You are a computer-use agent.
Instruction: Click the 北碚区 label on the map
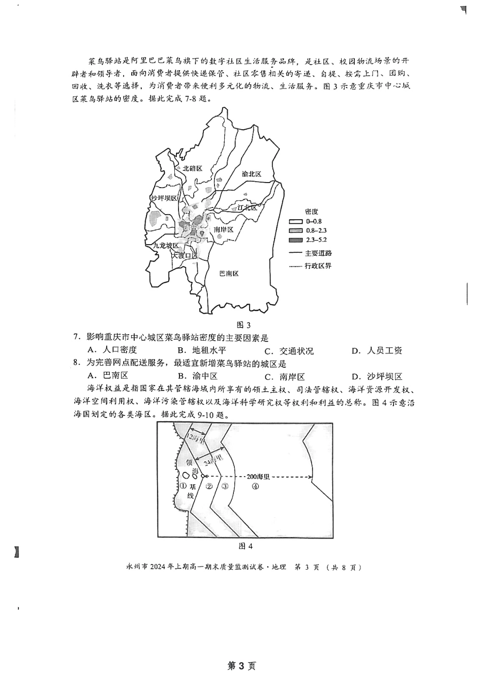[193, 168]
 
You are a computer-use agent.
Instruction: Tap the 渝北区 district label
[251, 174]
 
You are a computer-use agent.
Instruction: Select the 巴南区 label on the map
[228, 274]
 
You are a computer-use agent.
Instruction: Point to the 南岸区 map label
[224, 230]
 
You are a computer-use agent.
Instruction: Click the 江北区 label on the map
[248, 207]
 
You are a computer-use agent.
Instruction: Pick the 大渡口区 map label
[184, 255]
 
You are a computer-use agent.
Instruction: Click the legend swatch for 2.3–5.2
[295, 240]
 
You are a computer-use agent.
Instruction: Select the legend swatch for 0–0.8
[295, 222]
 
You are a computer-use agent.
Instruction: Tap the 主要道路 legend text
[319, 253]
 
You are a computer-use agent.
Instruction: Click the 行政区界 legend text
[319, 266]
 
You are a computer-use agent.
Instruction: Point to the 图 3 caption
[245, 325]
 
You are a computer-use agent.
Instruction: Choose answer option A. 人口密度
[113, 350]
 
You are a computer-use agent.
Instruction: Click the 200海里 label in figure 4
[257, 477]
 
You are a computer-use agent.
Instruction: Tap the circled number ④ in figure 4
[255, 486]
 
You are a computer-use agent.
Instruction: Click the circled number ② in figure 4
[209, 486]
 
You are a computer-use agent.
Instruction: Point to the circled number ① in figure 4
[183, 486]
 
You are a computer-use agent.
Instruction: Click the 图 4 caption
[246, 546]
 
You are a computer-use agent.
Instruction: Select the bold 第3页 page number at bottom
[242, 666]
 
